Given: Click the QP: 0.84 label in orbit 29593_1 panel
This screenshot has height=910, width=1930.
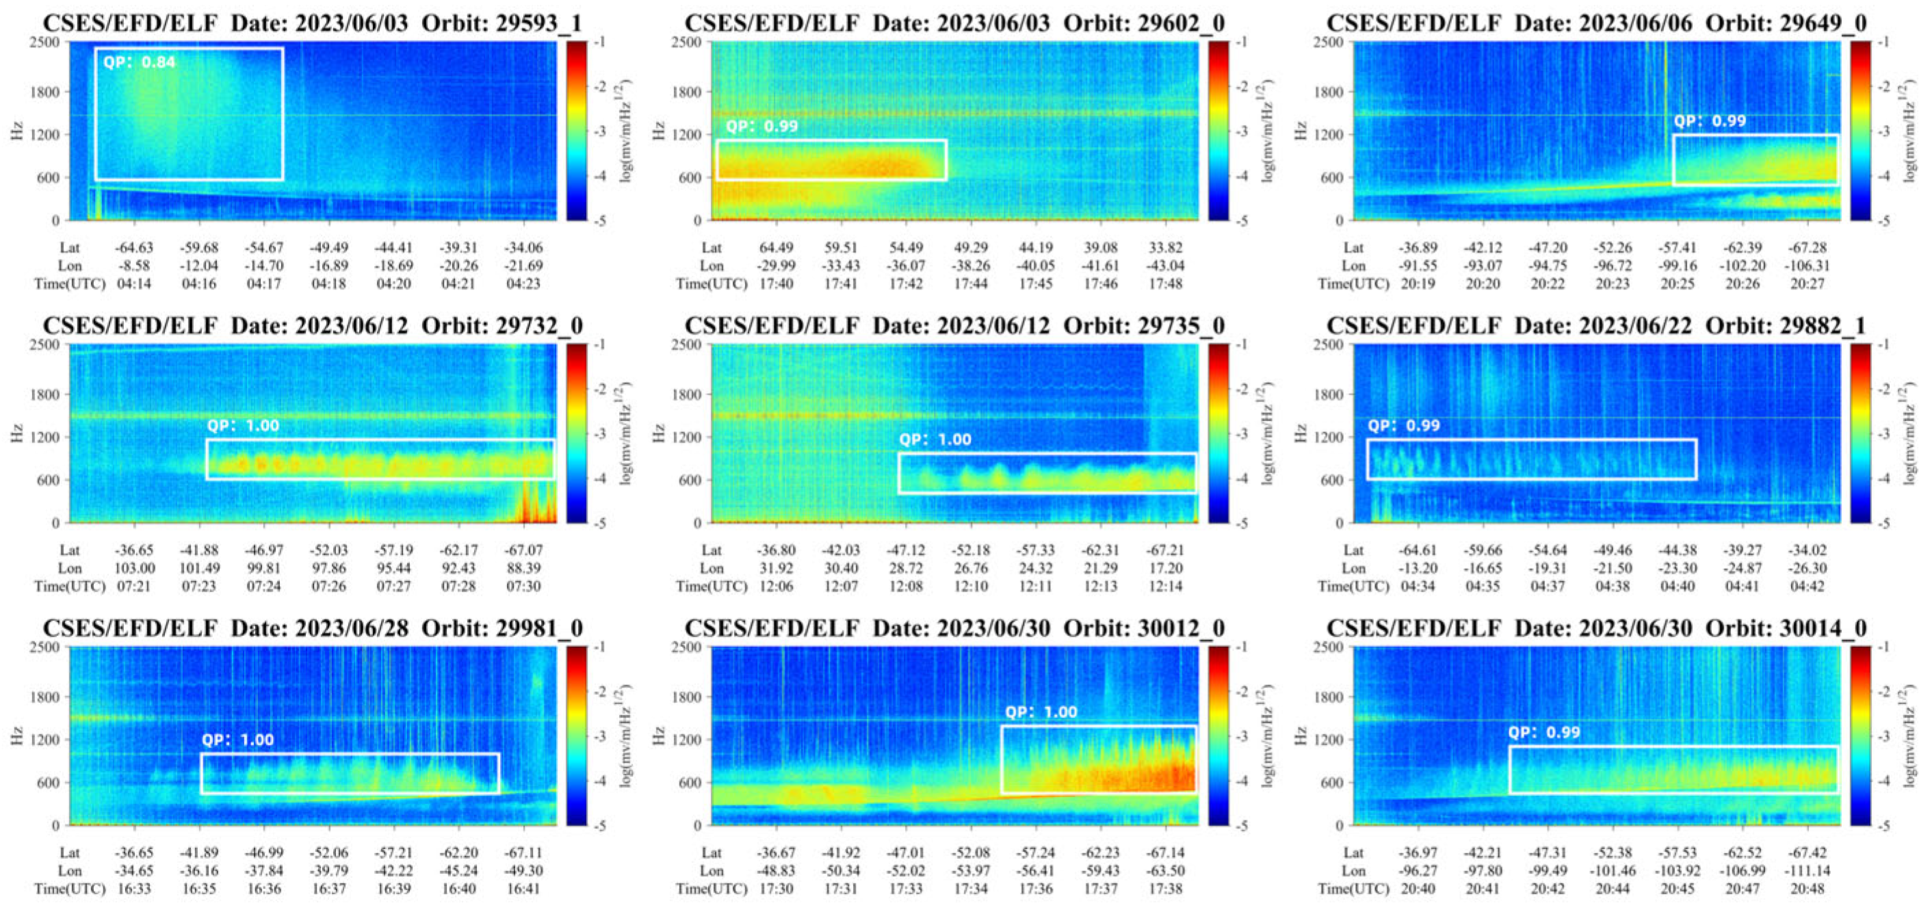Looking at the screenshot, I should pyautogui.click(x=140, y=62).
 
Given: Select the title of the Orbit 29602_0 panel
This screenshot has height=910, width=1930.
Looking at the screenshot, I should pyautogui.click(x=954, y=23).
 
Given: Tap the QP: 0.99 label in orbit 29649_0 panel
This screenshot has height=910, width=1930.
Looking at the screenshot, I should pyautogui.click(x=1709, y=121).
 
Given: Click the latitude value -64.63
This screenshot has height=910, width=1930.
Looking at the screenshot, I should pyautogui.click(x=134, y=248).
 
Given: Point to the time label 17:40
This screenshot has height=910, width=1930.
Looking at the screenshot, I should pyautogui.click(x=777, y=284).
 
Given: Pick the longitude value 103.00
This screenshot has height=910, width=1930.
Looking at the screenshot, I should pyautogui.click(x=134, y=568).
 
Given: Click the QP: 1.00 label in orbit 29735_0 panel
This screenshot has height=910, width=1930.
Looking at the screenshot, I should pyautogui.click(x=935, y=440).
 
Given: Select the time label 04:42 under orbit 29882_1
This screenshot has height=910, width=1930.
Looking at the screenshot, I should pyautogui.click(x=1807, y=587).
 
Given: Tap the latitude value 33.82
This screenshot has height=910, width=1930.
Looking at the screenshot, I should pyautogui.click(x=1165, y=248).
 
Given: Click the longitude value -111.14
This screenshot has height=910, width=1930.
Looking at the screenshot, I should pyautogui.click(x=1807, y=871).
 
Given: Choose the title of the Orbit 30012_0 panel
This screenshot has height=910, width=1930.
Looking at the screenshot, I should pyautogui.click(x=954, y=628).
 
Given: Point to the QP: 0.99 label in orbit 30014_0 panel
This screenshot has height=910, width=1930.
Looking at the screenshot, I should pyautogui.click(x=1543, y=732).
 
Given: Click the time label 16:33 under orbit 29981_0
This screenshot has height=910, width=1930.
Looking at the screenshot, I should pyautogui.click(x=134, y=889).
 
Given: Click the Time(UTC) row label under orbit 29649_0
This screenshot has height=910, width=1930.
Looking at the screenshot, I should pyautogui.click(x=1353, y=284).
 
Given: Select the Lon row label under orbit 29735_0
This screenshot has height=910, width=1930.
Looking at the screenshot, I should pyautogui.click(x=712, y=568).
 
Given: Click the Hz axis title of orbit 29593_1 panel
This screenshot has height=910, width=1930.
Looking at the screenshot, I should pyautogui.click(x=17, y=131).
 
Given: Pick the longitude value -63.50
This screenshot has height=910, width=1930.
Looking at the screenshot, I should pyautogui.click(x=1165, y=871).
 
